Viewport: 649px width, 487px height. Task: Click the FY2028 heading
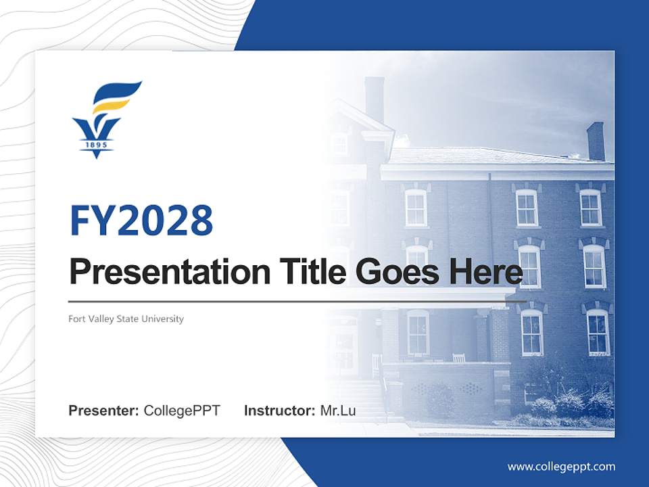(141, 221)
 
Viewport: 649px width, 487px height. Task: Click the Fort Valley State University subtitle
(126, 319)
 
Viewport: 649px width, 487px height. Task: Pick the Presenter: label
(103, 411)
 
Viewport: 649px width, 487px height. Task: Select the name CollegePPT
(182, 411)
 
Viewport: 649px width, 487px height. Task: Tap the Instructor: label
(279, 411)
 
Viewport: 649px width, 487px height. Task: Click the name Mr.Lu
(338, 411)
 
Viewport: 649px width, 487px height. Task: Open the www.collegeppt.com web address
(561, 467)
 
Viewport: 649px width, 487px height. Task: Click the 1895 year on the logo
(96, 144)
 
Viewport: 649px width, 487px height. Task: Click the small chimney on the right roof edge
(596, 141)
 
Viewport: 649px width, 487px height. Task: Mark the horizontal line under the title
(297, 302)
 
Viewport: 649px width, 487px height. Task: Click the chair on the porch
(459, 357)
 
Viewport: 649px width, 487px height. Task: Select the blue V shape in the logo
(96, 129)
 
